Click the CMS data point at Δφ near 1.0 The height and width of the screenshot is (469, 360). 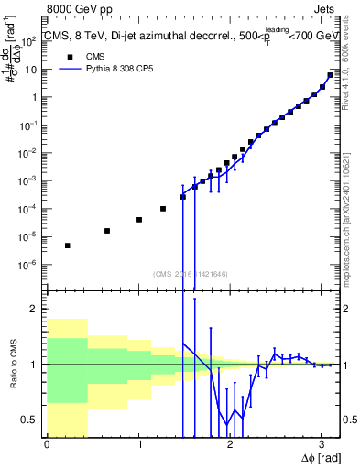139,220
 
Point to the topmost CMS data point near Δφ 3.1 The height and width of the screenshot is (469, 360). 330,75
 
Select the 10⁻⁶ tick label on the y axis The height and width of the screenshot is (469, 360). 29,265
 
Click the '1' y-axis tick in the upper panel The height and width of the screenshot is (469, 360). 35,97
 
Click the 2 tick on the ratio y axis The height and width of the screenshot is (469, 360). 36,309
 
